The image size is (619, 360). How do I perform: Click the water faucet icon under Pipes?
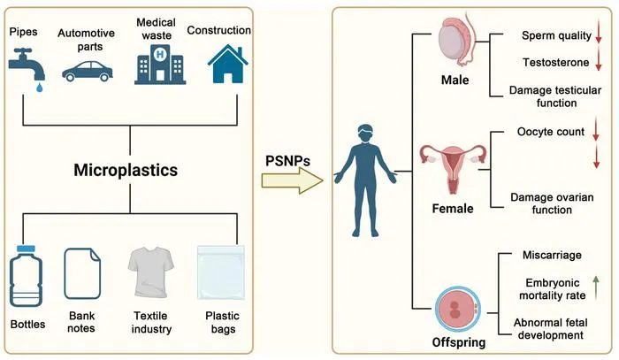(x=26, y=65)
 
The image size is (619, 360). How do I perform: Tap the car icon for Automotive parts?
(x=88, y=71)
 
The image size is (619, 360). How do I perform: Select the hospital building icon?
(x=160, y=65)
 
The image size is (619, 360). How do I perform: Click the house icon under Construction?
(x=228, y=64)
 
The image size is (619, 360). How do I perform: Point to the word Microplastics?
(x=126, y=170)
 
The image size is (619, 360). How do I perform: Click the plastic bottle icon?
(x=26, y=276)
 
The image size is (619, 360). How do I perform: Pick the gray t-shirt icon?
(x=151, y=272)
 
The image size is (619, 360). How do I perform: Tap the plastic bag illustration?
(x=221, y=272)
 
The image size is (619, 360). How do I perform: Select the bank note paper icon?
(x=82, y=273)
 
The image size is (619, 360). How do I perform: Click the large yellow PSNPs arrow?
(x=292, y=180)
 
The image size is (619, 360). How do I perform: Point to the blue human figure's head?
(x=365, y=134)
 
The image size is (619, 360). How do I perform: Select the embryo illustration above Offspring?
(x=458, y=310)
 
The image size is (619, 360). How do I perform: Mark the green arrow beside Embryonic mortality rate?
(x=596, y=287)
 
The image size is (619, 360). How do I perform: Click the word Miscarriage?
(x=552, y=255)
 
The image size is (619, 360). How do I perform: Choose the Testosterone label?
(x=556, y=63)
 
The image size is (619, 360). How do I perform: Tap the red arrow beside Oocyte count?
(x=596, y=128)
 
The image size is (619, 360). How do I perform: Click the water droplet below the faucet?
(x=39, y=88)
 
